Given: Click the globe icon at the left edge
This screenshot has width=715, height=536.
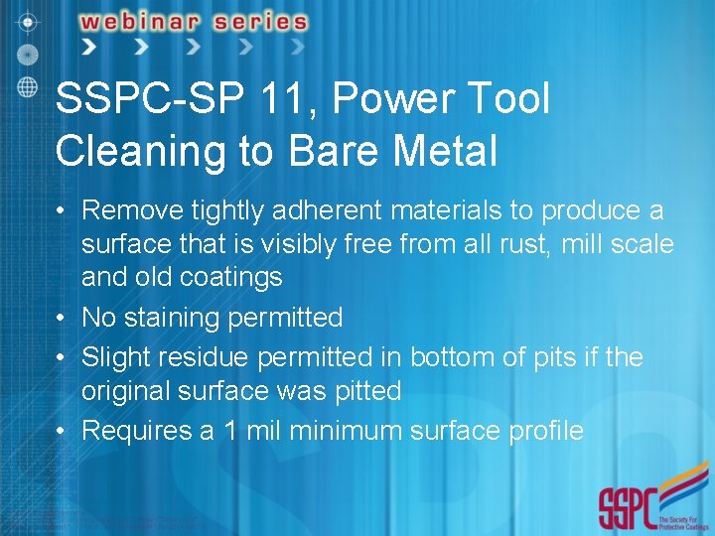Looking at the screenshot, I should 28,84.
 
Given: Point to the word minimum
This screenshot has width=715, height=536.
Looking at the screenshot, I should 328,430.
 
